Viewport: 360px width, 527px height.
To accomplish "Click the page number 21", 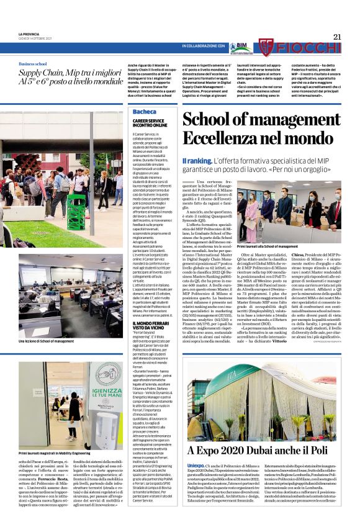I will coord(338,37).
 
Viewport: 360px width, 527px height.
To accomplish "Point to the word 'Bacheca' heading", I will coord(145,112).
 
